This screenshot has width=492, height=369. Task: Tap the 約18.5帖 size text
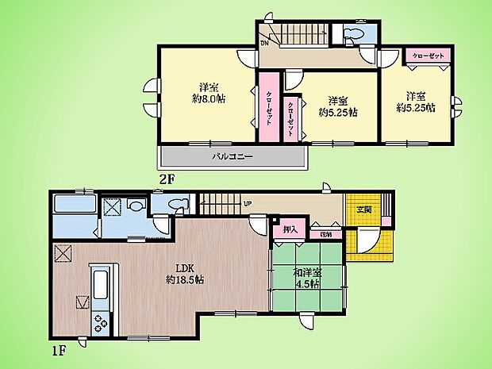186,280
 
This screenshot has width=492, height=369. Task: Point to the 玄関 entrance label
363,209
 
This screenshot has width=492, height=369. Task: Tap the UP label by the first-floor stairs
248,204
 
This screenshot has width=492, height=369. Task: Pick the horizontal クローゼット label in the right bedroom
429,56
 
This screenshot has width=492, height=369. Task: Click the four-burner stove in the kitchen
102,321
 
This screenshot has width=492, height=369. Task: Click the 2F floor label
165,179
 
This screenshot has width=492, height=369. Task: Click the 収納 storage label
325,234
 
